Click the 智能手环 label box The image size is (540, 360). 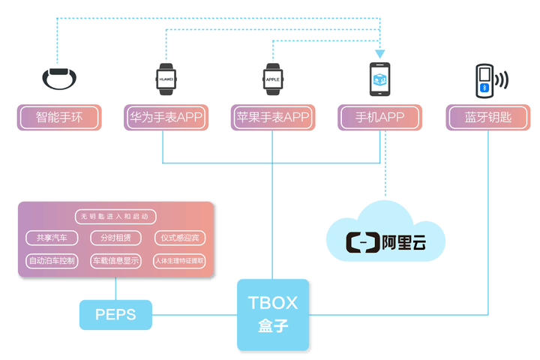59,118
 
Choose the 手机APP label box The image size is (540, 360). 380,118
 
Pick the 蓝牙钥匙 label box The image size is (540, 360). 488,118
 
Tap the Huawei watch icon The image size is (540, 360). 166,77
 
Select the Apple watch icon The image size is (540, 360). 272,77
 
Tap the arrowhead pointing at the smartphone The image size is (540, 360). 380,54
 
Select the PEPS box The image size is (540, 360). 115,314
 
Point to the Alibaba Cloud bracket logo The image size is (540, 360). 362,243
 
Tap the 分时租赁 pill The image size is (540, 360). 115,238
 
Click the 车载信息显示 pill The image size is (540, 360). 115,262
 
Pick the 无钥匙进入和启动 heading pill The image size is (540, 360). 115,216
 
